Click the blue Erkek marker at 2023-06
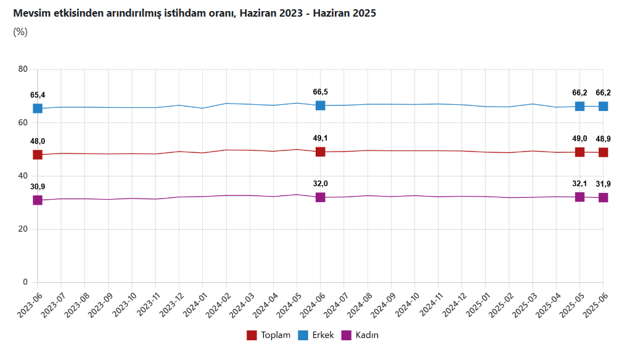[38, 108]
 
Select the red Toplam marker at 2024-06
[321, 152]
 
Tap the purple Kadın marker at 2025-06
[603, 198]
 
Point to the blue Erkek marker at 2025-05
[580, 106]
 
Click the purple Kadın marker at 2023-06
[38, 200]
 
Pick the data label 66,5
[321, 92]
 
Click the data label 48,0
[38, 141]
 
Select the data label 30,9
[38, 187]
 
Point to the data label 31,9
[603, 184]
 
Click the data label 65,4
[38, 95]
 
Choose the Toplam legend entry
[268, 335]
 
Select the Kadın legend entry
[360, 335]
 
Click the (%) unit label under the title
[20, 32]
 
